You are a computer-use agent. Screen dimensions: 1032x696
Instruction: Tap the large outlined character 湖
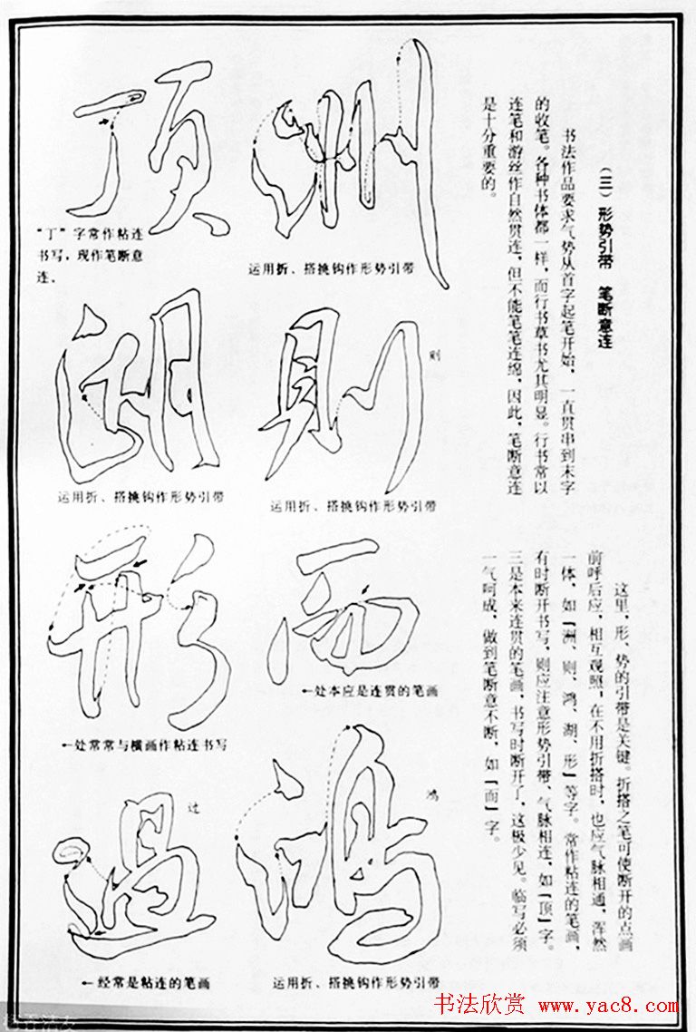point(136,390)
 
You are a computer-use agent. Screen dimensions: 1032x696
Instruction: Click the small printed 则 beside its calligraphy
point(436,354)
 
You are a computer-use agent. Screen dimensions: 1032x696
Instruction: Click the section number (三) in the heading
point(604,172)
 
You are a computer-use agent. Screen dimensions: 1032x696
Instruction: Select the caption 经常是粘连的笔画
point(136,981)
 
